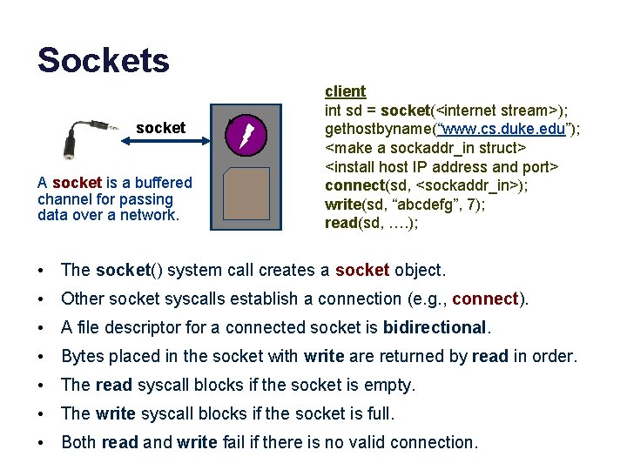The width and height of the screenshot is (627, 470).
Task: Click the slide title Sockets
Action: [x=103, y=60]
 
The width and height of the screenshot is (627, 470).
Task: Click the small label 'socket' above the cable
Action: [x=160, y=128]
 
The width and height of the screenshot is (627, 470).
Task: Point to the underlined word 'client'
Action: [x=345, y=91]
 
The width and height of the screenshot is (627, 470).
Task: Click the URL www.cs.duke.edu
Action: [x=500, y=129]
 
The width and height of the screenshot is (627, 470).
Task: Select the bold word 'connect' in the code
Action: [x=354, y=185]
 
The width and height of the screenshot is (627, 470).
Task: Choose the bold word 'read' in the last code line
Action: [x=340, y=222]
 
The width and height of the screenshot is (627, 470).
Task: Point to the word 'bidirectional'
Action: [x=435, y=327]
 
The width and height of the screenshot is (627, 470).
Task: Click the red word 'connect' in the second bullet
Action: [x=485, y=299]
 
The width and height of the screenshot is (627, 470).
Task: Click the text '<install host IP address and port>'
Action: [x=442, y=166]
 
